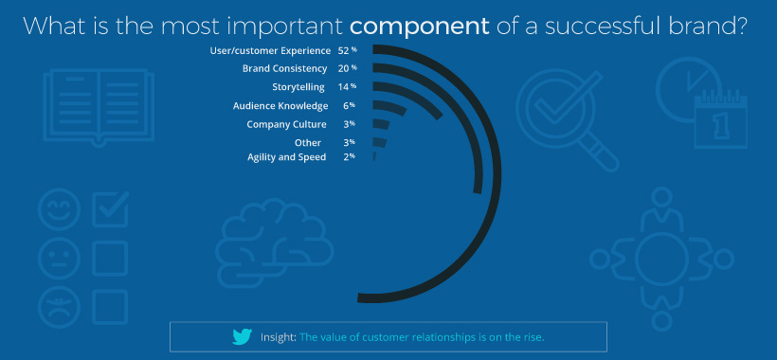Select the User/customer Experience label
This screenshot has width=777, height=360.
(x=271, y=49)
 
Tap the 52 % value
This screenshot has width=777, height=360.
(x=347, y=49)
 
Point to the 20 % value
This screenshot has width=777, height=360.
(x=347, y=68)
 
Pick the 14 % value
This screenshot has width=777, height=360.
(x=347, y=87)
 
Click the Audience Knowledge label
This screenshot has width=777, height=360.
(x=280, y=106)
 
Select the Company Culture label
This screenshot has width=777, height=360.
(x=286, y=124)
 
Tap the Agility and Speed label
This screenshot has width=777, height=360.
(x=286, y=157)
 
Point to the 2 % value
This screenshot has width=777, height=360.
(x=349, y=157)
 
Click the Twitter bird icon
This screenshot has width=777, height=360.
(x=243, y=337)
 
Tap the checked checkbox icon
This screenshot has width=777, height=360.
(x=110, y=208)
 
